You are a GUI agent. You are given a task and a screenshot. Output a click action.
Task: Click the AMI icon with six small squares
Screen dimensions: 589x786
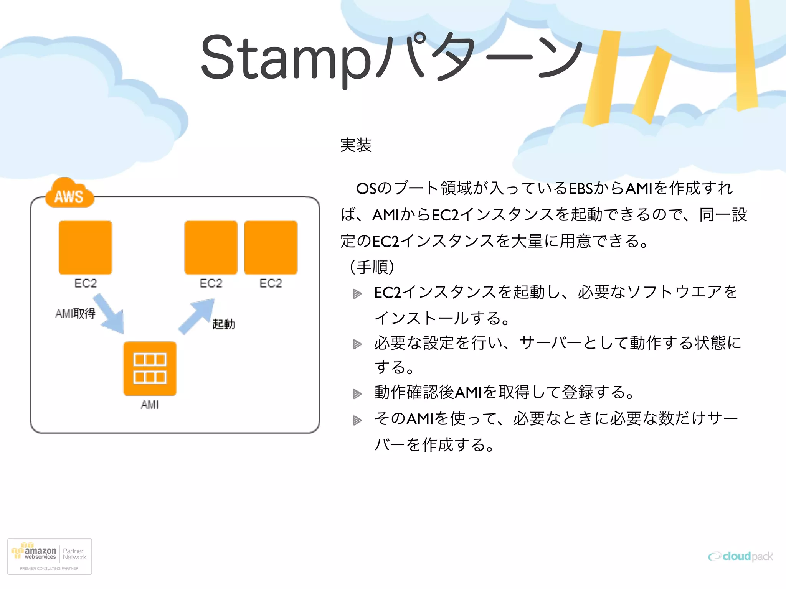[x=150, y=369]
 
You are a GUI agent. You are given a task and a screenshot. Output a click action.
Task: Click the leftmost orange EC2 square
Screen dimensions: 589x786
[x=85, y=247]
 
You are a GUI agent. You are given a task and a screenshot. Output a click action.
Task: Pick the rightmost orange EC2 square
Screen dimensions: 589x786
[x=271, y=247]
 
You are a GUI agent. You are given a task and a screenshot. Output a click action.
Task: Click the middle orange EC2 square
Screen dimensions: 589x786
[x=211, y=247]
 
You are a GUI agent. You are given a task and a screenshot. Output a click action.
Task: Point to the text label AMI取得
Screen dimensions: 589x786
[x=75, y=314]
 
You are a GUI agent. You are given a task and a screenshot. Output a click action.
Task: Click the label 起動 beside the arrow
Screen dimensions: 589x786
[x=224, y=324]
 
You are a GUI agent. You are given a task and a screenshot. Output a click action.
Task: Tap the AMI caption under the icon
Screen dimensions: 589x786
[x=149, y=405]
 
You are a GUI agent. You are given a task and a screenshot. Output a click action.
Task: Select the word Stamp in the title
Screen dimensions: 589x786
[x=286, y=58]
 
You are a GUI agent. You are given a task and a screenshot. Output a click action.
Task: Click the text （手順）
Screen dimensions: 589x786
[x=372, y=267]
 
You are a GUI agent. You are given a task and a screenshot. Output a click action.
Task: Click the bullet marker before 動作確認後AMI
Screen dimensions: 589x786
[x=357, y=394]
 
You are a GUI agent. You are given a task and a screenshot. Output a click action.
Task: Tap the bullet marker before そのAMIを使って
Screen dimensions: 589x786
[x=357, y=420]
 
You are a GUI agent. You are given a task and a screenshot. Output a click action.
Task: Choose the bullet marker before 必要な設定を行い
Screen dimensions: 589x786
[x=357, y=344]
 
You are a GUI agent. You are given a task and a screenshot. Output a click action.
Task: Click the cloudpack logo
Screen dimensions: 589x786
[x=740, y=556]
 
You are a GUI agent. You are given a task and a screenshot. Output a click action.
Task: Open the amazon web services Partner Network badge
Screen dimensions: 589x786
[x=50, y=556]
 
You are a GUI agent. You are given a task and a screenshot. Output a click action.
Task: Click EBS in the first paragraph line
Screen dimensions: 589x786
[x=581, y=189]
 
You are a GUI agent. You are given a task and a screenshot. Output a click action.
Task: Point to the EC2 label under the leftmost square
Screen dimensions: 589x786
[x=86, y=283]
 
